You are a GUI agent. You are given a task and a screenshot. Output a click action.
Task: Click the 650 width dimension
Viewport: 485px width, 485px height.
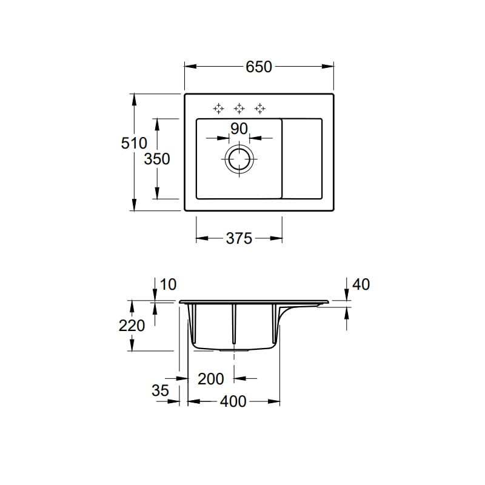coord(259,67)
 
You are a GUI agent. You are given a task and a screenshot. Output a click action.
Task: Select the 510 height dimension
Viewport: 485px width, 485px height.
coord(134,144)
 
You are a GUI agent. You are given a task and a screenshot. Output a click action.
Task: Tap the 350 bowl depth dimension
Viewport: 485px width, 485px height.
coord(157,159)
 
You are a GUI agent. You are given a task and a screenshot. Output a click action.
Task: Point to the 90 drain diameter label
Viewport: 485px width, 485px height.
coord(239,129)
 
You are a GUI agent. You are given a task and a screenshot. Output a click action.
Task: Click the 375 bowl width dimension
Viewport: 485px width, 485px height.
coord(239,239)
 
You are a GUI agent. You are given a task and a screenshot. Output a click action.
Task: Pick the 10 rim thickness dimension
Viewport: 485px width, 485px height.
coord(169,284)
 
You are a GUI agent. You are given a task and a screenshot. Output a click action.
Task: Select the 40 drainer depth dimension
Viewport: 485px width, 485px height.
coord(361,284)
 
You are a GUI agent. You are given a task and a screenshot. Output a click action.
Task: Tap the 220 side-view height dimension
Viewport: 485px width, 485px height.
coord(132,326)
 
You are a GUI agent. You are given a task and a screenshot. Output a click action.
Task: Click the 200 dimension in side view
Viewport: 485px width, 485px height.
coord(211,379)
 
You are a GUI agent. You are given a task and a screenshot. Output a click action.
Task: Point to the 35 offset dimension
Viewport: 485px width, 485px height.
coord(160,391)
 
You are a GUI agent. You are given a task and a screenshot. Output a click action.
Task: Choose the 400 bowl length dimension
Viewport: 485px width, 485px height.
coord(233,401)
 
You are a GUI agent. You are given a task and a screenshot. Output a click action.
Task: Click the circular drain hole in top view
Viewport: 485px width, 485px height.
coord(239,159)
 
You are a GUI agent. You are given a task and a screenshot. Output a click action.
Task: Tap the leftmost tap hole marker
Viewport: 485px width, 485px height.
coord(219,109)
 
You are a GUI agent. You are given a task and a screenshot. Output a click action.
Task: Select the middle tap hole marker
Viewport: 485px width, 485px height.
coord(239,109)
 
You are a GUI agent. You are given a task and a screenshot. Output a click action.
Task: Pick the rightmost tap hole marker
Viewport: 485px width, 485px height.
coord(260,109)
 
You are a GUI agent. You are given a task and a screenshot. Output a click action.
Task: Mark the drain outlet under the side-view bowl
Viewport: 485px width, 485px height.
coord(234,350)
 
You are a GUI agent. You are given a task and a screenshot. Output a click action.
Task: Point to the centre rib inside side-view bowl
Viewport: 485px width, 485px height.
coord(233,324)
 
